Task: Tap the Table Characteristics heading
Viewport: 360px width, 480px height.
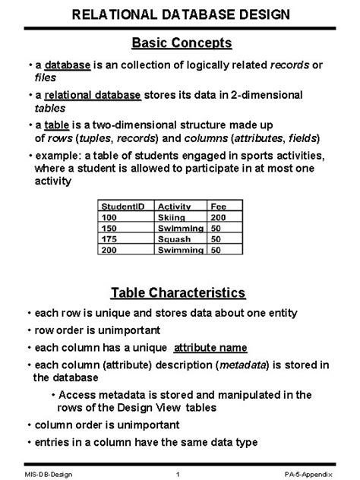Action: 178,293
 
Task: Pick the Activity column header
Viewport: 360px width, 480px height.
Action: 173,205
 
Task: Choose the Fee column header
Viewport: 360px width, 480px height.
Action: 219,205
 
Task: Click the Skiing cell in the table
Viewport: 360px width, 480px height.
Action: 172,216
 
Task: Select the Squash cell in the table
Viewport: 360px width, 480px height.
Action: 174,238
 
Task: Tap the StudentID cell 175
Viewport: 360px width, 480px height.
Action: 112,238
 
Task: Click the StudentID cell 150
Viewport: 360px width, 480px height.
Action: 112,228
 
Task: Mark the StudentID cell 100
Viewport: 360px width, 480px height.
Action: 112,216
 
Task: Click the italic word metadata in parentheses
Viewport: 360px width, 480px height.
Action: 243,365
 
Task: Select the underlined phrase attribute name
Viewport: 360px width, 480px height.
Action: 210,348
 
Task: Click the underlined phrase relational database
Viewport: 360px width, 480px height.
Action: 93,96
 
